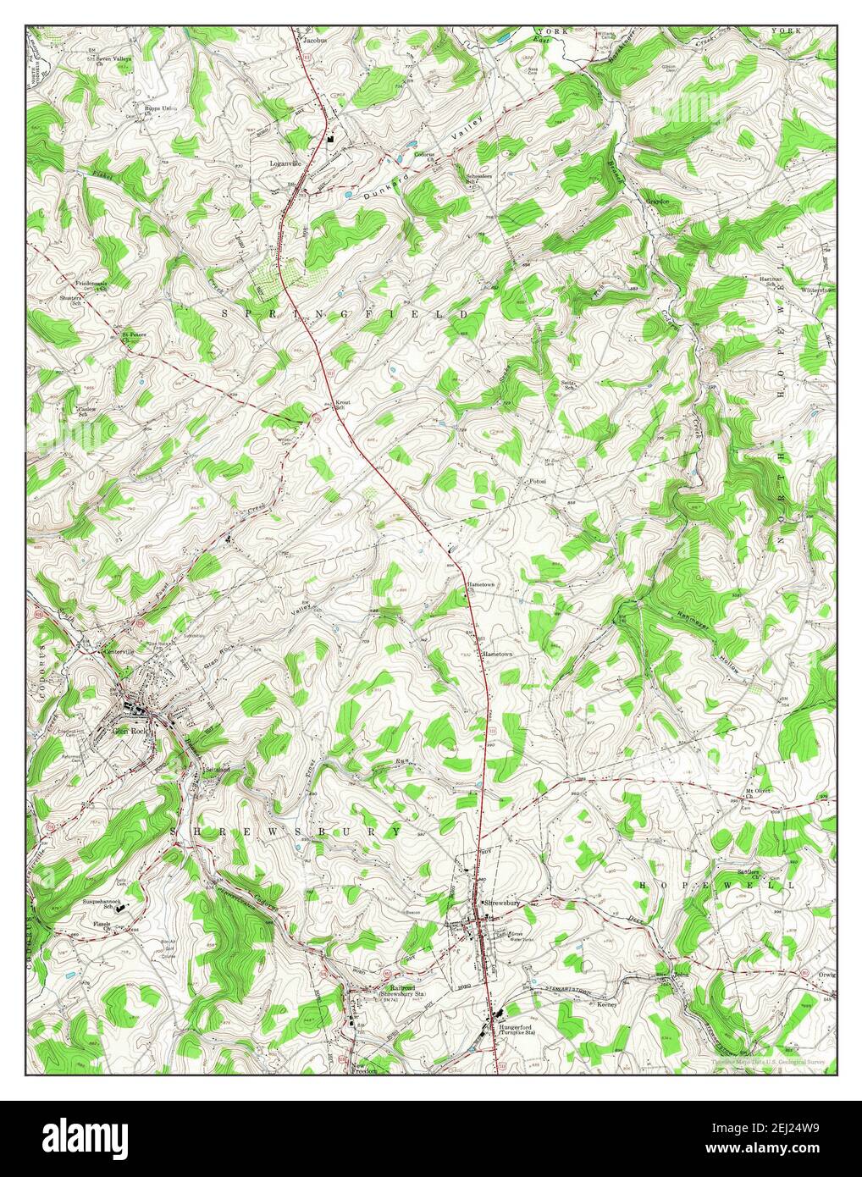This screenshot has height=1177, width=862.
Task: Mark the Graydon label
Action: click(658, 202)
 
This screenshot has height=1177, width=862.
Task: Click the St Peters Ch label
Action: click(133, 336)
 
